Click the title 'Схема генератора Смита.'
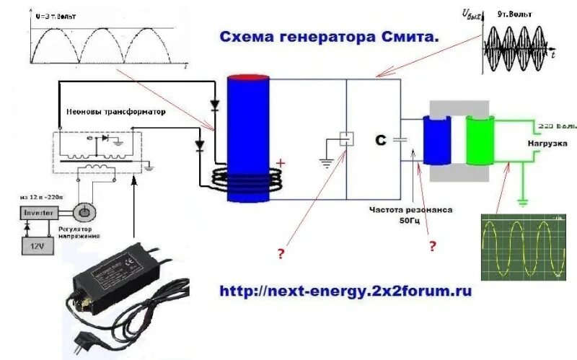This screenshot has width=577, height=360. [x=329, y=37]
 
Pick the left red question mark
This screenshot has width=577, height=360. [x=281, y=253]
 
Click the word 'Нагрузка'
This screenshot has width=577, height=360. [x=545, y=143]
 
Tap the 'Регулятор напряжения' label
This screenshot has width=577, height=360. [x=79, y=231]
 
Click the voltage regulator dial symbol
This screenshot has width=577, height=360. [x=85, y=212]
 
